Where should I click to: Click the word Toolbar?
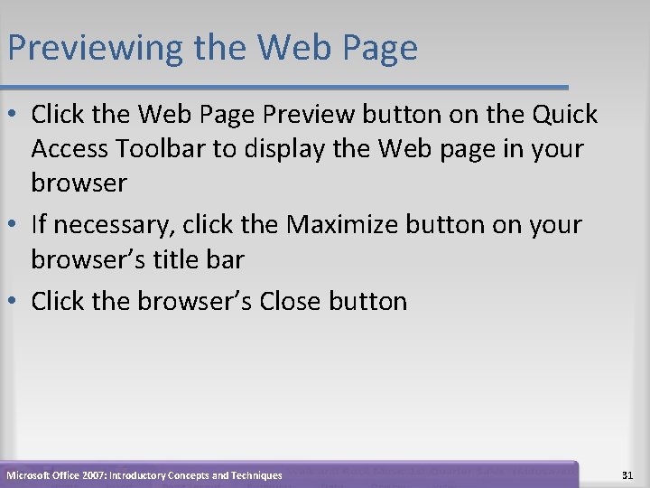[x=163, y=148]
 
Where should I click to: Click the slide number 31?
[x=628, y=475]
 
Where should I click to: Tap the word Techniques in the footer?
[x=254, y=475]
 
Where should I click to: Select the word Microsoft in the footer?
[x=30, y=475]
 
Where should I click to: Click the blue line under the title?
[x=284, y=88]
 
